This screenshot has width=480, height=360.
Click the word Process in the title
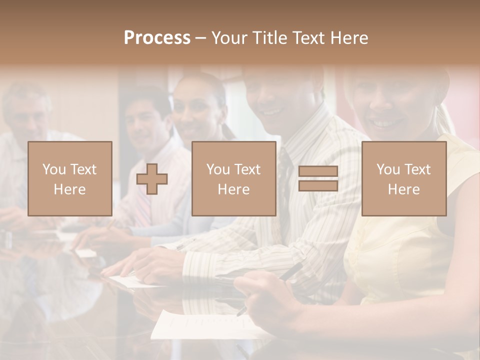(157, 38)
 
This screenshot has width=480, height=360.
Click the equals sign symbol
(318, 179)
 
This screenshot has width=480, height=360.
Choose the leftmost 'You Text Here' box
(70, 179)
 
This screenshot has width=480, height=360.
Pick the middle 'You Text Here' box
(234, 179)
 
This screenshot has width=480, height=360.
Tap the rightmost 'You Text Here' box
(404, 179)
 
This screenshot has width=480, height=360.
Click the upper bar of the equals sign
(318, 171)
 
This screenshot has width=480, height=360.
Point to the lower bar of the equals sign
(318, 186)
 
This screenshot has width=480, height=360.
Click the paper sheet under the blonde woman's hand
(200, 325)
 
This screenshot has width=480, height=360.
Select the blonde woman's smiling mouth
(382, 122)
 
